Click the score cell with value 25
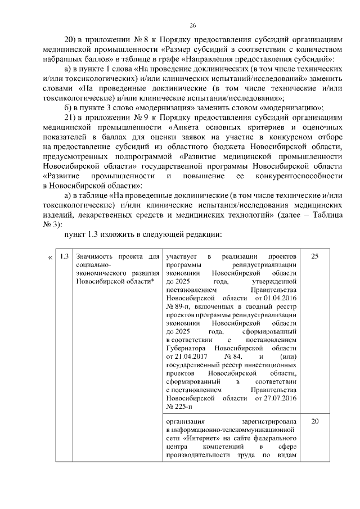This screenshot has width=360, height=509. click(x=315, y=257)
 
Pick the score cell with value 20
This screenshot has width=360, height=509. click(x=315, y=421)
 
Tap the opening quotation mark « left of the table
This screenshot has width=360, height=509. click(x=51, y=257)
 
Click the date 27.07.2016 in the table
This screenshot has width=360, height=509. click(x=276, y=398)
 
